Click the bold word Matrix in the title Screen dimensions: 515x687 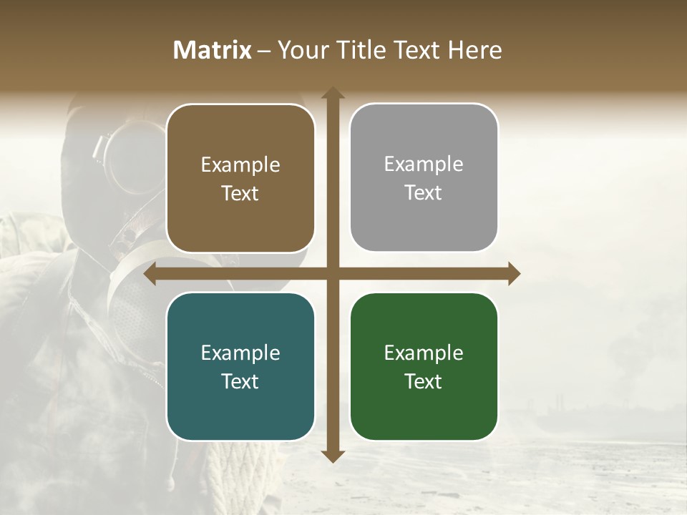(213, 50)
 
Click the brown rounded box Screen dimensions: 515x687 (240, 179)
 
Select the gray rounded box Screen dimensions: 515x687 (424, 178)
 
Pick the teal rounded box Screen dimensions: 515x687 (240, 367)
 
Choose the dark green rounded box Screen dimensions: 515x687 (424, 367)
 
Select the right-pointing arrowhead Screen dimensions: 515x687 (513, 274)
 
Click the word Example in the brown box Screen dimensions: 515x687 (240, 165)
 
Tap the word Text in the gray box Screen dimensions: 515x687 (424, 192)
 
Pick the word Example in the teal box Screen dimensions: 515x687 (240, 353)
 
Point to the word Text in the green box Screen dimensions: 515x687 (424, 381)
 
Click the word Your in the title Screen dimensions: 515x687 (299, 50)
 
